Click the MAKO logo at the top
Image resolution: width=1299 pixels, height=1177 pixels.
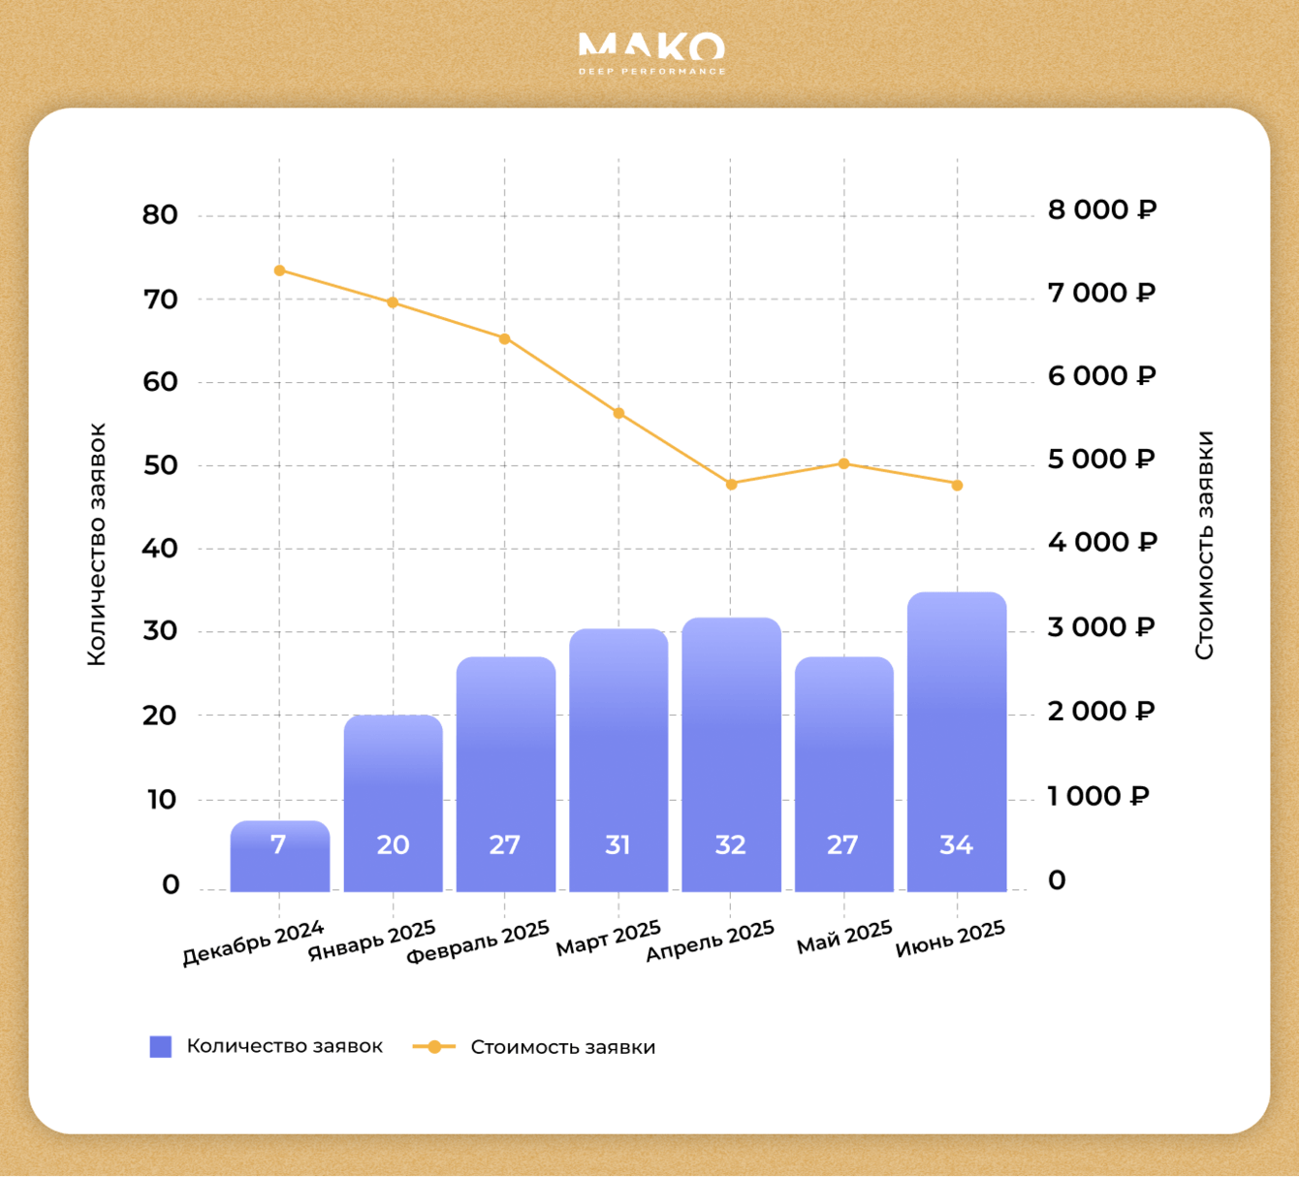(x=651, y=52)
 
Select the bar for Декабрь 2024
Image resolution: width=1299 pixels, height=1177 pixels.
(x=279, y=856)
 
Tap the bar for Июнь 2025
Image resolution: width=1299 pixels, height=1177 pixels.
(x=957, y=742)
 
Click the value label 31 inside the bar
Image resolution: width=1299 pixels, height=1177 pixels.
(x=618, y=845)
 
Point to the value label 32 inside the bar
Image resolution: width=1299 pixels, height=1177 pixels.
(x=730, y=845)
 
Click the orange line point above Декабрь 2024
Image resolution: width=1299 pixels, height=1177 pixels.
(x=279, y=270)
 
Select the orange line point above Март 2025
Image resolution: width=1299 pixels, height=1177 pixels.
(x=618, y=413)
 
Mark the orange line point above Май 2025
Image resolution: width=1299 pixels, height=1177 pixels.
(x=843, y=463)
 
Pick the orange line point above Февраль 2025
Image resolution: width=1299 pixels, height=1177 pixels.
(x=505, y=338)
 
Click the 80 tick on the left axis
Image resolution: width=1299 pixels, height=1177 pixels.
(x=160, y=215)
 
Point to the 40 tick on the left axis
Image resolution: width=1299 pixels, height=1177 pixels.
(x=160, y=549)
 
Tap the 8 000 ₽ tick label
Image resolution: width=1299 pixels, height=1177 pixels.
(x=1101, y=210)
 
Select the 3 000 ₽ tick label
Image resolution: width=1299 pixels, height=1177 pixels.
(x=1100, y=627)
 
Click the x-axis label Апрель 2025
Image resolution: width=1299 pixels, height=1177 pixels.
(x=711, y=940)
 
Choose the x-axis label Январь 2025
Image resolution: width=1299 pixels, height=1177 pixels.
(x=372, y=941)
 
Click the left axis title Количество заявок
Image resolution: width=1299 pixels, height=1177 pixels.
(x=96, y=544)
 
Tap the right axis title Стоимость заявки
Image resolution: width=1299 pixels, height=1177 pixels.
(x=1204, y=545)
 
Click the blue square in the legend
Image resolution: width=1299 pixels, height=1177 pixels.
(x=161, y=1046)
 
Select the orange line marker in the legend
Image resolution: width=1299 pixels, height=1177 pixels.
(x=434, y=1047)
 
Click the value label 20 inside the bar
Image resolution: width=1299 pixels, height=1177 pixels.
(x=393, y=845)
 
